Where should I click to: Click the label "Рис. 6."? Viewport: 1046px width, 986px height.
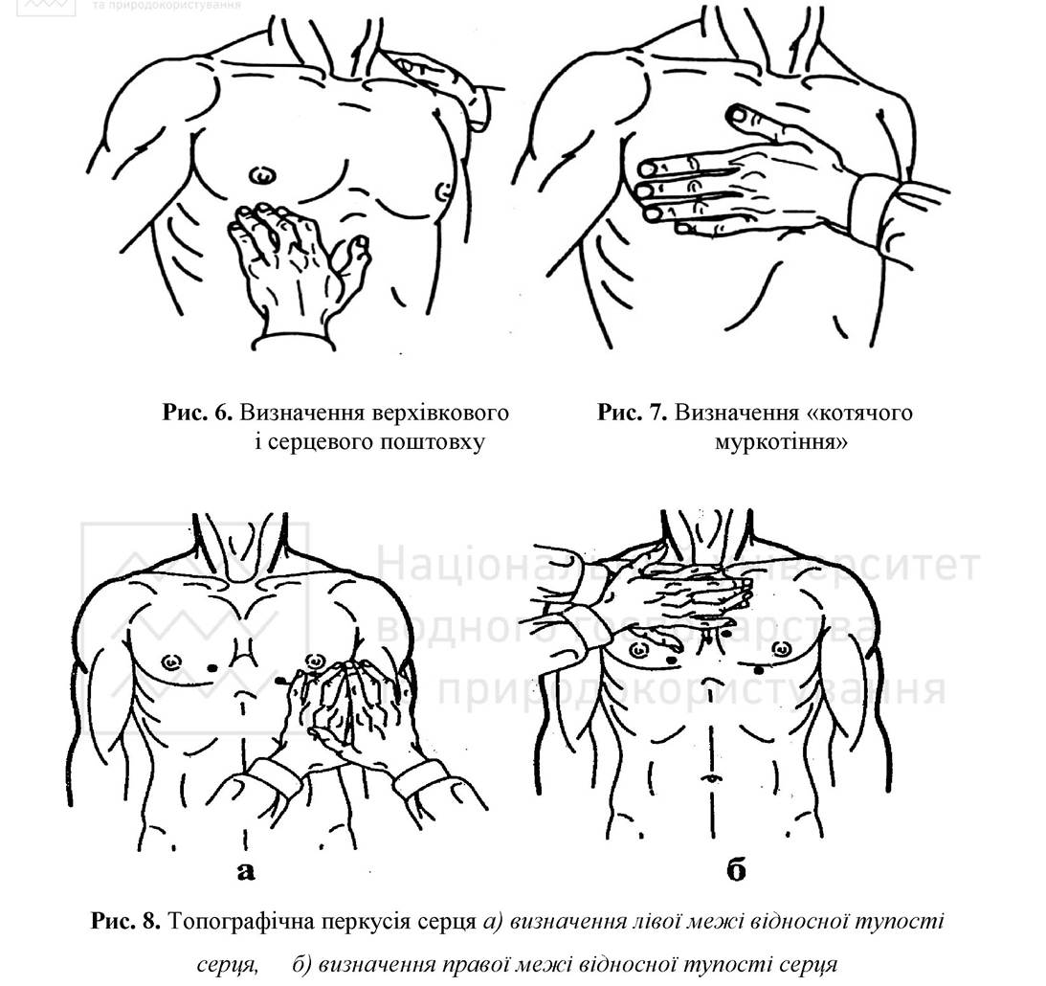tap(197, 413)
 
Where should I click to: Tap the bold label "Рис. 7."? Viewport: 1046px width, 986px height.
tap(633, 413)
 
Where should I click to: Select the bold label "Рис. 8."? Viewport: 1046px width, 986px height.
tap(125, 922)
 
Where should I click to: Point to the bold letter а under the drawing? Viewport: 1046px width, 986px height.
tap(246, 871)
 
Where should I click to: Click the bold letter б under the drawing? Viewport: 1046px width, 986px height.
tap(736, 870)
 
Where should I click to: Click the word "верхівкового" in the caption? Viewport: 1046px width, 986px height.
tap(374, 413)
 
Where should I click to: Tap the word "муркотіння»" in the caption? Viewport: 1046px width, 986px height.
tap(781, 441)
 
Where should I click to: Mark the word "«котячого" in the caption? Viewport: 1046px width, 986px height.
tap(859, 413)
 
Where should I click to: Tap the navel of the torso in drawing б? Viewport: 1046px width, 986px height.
tap(712, 778)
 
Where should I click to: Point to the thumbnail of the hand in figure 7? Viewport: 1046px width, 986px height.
tap(738, 116)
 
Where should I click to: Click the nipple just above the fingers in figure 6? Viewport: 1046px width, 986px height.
tap(262, 175)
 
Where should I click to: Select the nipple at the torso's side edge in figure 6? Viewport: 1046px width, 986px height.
tap(442, 191)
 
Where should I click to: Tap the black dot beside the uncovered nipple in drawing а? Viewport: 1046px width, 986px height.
tap(212, 667)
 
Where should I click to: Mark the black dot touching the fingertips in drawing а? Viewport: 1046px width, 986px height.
tap(280, 680)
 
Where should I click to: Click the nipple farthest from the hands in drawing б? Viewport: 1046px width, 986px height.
tap(782, 647)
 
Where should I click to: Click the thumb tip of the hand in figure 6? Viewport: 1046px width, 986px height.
tap(362, 241)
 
